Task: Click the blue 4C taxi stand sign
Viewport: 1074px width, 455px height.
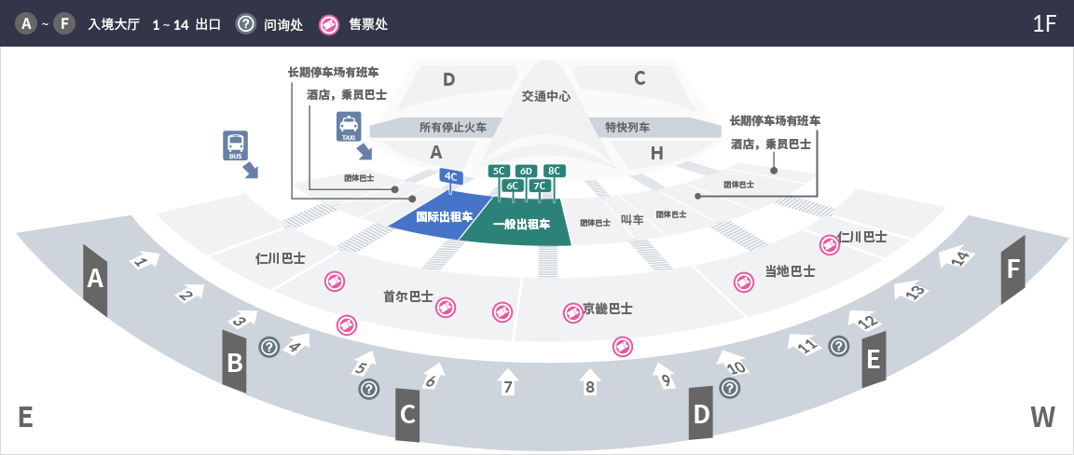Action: pyautogui.click(x=450, y=177)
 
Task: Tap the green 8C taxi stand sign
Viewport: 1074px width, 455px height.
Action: pyautogui.click(x=554, y=171)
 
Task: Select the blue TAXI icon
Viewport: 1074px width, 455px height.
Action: pyautogui.click(x=349, y=128)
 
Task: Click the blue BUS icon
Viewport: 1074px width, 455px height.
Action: pyautogui.click(x=235, y=146)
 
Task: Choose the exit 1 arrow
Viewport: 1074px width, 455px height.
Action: pyautogui.click(x=144, y=260)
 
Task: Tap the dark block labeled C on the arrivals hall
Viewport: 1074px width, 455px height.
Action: pyautogui.click(x=407, y=415)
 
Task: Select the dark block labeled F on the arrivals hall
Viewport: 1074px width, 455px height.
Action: pyautogui.click(x=1013, y=269)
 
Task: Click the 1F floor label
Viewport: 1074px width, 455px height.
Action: pyautogui.click(x=1044, y=23)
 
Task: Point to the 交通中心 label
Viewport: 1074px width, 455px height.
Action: pyautogui.click(x=546, y=97)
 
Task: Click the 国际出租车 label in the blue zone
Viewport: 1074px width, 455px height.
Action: pyautogui.click(x=445, y=217)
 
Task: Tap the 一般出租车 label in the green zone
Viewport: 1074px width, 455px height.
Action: pyautogui.click(x=521, y=224)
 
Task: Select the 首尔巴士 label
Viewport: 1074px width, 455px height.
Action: pyautogui.click(x=408, y=296)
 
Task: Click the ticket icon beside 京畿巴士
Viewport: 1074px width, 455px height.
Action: pyautogui.click(x=572, y=312)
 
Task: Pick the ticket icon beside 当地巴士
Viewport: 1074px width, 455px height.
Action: pyautogui.click(x=744, y=282)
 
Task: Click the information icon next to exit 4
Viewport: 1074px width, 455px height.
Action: pyautogui.click(x=269, y=347)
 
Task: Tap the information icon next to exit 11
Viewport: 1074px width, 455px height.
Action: pyautogui.click(x=839, y=346)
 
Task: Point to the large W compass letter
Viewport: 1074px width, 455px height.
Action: pyautogui.click(x=1042, y=417)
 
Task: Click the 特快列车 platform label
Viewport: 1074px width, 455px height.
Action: pyautogui.click(x=627, y=128)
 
